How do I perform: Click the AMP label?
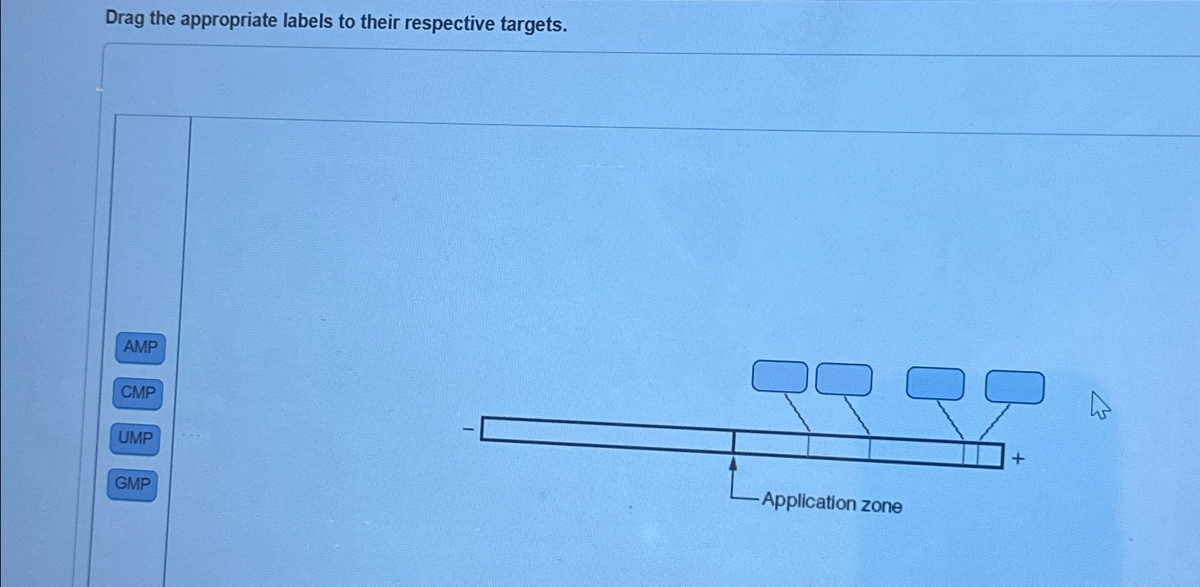point(140,348)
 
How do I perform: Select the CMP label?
point(137,393)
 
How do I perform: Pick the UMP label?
point(135,438)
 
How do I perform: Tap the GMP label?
point(132,484)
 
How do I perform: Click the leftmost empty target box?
point(780,376)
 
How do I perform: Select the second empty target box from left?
point(843,379)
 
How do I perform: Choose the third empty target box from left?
point(935,383)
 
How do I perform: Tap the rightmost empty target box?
point(1014,387)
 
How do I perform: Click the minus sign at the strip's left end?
point(468,429)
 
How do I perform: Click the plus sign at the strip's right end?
point(1018,459)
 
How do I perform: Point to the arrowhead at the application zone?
point(733,464)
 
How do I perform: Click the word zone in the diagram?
point(882,506)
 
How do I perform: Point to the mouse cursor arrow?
point(1100,405)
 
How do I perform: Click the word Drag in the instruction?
point(125,18)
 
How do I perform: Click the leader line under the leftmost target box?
point(797,412)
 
